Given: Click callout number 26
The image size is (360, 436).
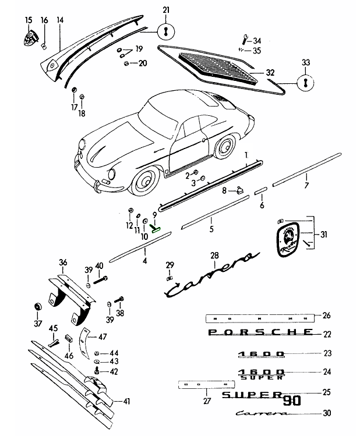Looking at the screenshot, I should coord(326,316).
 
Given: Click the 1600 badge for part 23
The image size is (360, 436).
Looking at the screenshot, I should coord(260,353).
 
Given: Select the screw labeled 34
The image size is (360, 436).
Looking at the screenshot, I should coord(243,41).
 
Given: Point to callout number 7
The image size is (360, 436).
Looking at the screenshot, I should coord(306,186).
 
